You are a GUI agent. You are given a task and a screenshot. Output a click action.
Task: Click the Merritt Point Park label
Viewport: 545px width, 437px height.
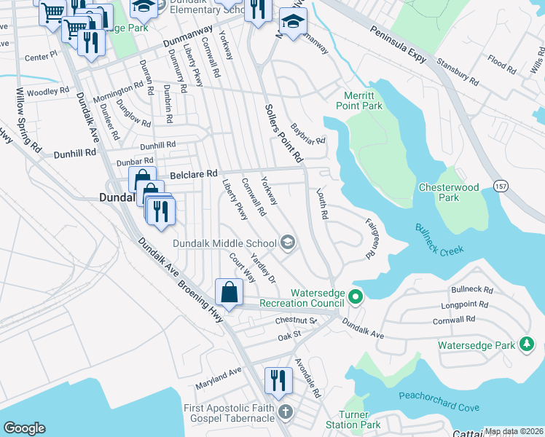tap(359, 100)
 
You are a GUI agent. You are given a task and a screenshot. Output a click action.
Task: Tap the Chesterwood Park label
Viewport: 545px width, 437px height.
tap(449, 192)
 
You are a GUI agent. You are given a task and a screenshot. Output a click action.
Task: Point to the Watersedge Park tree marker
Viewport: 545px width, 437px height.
tap(527, 344)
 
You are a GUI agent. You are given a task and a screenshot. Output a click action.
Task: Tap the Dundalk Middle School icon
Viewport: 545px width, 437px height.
tap(288, 243)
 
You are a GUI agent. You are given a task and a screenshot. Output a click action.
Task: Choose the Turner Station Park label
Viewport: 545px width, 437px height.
tap(360, 419)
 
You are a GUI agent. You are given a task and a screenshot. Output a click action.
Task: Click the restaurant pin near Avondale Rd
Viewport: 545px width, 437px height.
tap(278, 381)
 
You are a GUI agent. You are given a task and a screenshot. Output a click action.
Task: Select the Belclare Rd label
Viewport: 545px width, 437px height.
tap(194, 175)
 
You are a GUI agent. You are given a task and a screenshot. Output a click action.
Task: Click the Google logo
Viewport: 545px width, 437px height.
tap(24, 428)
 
